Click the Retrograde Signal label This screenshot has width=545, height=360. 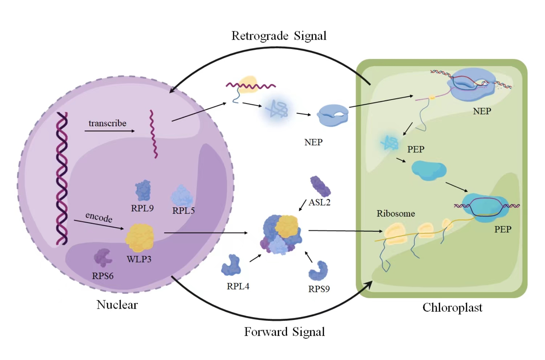[x=279, y=36]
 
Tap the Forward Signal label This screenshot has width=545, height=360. [x=284, y=332]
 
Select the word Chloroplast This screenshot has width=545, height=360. [x=452, y=308]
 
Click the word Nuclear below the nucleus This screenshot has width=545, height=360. [x=117, y=305]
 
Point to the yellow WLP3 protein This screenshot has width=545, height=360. [x=140, y=238]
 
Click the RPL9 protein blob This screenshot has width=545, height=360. [x=143, y=190]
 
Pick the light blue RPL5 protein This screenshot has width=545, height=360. [x=182, y=196]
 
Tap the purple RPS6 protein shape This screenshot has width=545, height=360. [x=103, y=257]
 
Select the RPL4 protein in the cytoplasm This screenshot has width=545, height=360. [x=231, y=265]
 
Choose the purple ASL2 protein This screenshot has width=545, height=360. [x=320, y=186]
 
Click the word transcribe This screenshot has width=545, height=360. [x=107, y=123]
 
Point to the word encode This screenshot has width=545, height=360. [x=99, y=217]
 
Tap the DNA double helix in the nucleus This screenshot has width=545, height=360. [x=62, y=178]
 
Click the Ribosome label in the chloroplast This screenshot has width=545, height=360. [x=396, y=213]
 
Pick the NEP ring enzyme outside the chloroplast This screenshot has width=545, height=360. [x=333, y=115]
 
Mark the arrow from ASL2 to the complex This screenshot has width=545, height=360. [x=303, y=205]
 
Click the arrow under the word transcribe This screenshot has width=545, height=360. [x=110, y=131]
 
